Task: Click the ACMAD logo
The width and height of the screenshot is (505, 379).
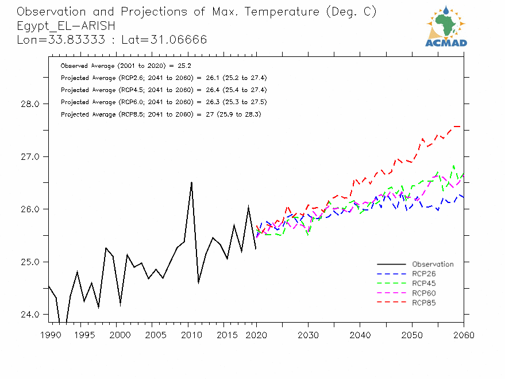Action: [x=446, y=26]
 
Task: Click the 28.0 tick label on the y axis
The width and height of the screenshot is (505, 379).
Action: [x=29, y=104]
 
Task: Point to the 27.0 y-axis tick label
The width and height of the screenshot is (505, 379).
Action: [x=29, y=156]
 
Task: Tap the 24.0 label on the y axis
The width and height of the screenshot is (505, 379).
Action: [x=29, y=315]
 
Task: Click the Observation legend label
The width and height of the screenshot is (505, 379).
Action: [x=433, y=265]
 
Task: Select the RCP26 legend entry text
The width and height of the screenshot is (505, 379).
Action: [x=424, y=274]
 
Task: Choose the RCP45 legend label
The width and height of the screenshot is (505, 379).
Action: [x=424, y=284]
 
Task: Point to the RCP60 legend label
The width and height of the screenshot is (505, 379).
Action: [x=424, y=293]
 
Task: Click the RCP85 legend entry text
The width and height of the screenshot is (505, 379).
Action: [x=424, y=303]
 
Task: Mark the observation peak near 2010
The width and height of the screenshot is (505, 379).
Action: [x=191, y=182]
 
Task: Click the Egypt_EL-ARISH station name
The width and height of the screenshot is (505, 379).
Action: [x=66, y=26]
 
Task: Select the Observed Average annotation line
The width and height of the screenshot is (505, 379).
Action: [x=118, y=66]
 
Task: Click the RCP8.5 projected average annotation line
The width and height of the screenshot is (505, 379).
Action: [x=161, y=114]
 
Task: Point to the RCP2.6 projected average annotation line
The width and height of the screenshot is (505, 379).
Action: [x=163, y=78]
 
